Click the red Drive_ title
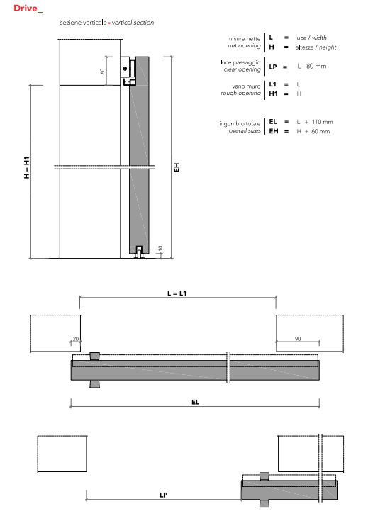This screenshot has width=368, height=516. coord(28,9)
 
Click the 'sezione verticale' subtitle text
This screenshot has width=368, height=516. coord(83,23)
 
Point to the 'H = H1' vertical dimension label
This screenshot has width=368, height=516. coord(27,167)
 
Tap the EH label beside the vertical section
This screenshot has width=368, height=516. coord(177,167)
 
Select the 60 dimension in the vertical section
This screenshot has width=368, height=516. coord(102,71)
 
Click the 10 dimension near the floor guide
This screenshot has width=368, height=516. coord(160,249)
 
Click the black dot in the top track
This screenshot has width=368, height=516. coord(125,69)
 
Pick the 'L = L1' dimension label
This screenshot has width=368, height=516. coord(177,293)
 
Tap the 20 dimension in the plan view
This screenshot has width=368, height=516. coord(76,339)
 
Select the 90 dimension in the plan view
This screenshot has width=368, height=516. coord(298,339)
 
